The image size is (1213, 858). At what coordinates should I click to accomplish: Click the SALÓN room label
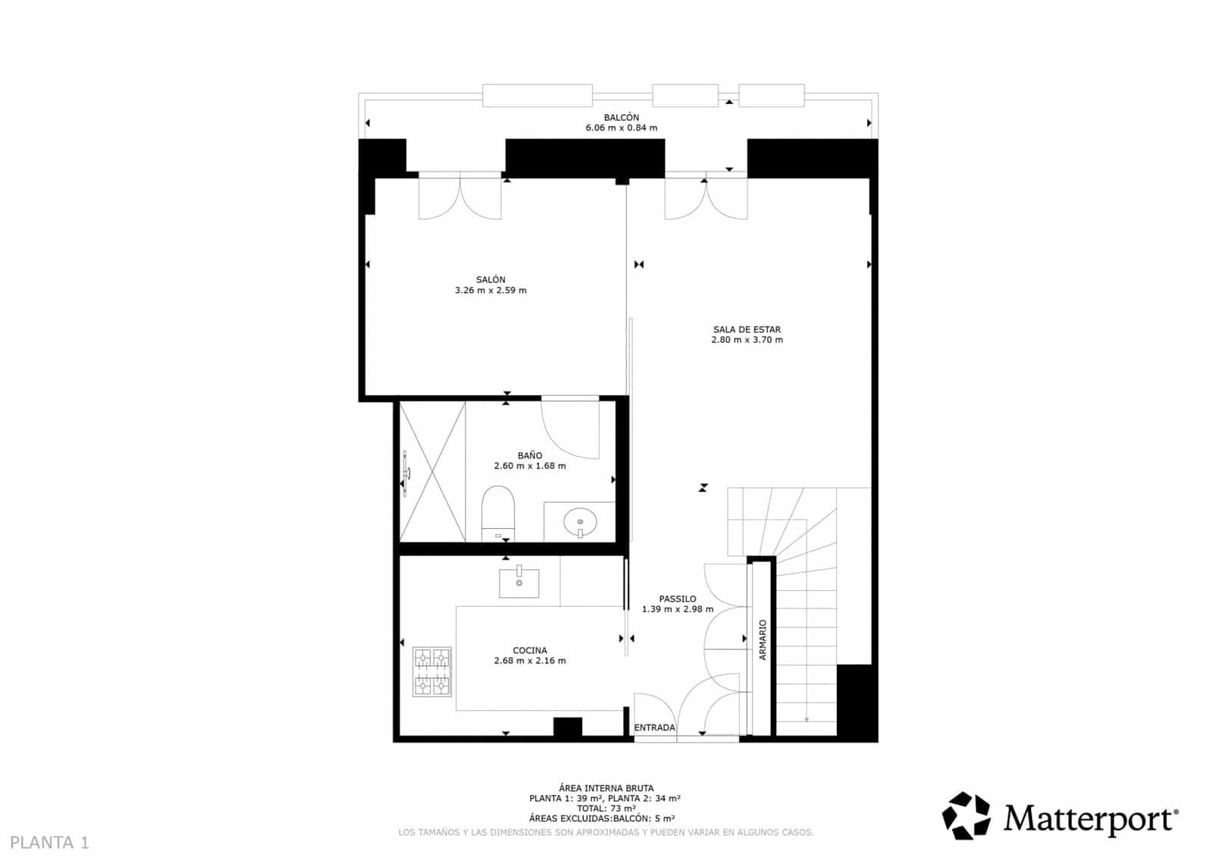pyautogui.click(x=491, y=280)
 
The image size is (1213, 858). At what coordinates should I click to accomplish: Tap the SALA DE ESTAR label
pyautogui.click(x=747, y=329)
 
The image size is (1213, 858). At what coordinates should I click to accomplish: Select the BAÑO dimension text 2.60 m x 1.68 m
pyautogui.click(x=529, y=466)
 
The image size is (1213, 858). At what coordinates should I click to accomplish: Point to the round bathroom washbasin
pyautogui.click(x=580, y=522)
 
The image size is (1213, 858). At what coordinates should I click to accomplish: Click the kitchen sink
pyautogui.click(x=519, y=583)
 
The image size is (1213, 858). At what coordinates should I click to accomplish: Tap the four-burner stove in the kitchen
pyautogui.click(x=431, y=671)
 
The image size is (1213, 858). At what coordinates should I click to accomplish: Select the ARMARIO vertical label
pyautogui.click(x=763, y=640)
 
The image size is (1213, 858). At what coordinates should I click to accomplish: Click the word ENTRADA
pyautogui.click(x=654, y=728)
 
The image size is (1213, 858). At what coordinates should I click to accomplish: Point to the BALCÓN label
pyautogui.click(x=621, y=118)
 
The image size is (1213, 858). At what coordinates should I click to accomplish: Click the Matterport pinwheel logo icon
pyautogui.click(x=966, y=816)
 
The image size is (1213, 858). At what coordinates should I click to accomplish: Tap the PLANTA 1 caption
pyautogui.click(x=50, y=842)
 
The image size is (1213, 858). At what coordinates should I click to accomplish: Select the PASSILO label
pyautogui.click(x=677, y=599)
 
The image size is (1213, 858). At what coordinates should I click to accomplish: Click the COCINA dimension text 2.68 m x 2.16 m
pyautogui.click(x=529, y=661)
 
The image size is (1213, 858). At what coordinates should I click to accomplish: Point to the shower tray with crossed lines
pyautogui.click(x=432, y=471)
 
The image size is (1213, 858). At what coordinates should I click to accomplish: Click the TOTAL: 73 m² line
pyautogui.click(x=606, y=808)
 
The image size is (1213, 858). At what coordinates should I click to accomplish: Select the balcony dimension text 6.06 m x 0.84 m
pyautogui.click(x=621, y=128)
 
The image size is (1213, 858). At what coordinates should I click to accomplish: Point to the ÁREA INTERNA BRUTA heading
pyautogui.click(x=606, y=788)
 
